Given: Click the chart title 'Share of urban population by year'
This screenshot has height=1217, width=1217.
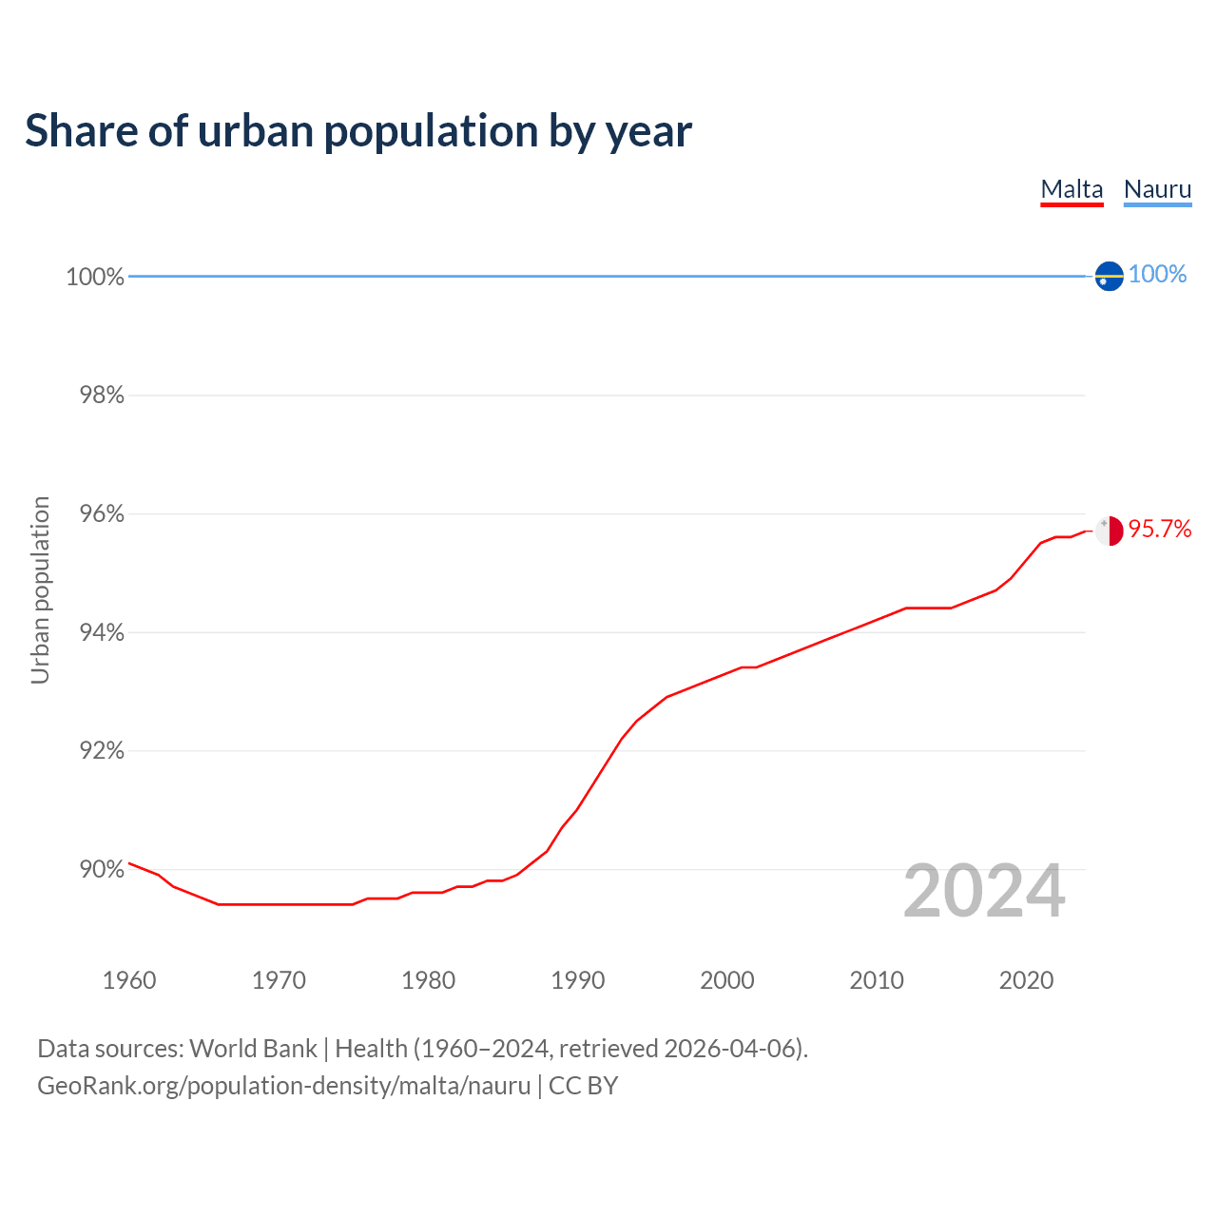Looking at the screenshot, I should coord(358,131).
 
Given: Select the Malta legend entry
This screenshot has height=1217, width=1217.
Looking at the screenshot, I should coord(1072,189).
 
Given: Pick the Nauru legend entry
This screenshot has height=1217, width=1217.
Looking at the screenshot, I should coord(1157,189).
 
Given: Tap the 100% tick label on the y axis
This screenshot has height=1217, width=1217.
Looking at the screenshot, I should coord(95,277).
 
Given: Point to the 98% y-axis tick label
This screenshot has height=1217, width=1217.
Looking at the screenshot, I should coord(102,396).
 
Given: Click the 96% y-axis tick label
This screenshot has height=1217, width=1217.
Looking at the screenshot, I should coord(102,514).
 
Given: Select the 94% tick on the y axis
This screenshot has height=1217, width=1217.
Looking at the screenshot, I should coord(102,633).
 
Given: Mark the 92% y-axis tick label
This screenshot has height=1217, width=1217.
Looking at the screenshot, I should coord(102,751).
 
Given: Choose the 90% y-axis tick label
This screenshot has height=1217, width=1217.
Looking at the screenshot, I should coord(102,870).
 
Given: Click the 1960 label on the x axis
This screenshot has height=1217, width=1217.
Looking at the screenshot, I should coord(129,980).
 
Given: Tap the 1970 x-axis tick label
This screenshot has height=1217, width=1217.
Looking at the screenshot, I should coord(279,980).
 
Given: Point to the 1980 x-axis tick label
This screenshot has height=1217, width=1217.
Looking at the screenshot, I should coord(428,980).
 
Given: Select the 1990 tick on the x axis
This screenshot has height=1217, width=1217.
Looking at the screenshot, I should coord(577,980).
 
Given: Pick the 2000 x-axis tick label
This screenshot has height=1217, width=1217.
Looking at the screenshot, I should coord(727,980).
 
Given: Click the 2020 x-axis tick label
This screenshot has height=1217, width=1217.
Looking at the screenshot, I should coord(1026,980).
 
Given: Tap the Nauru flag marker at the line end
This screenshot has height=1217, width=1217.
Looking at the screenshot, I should coord(1109,276).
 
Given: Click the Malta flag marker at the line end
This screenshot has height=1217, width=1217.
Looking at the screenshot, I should coord(1109,531).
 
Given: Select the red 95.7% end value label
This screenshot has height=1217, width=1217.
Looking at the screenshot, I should coord(1160,530).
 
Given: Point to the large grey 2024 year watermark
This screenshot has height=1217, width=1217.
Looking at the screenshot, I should coord(984,891).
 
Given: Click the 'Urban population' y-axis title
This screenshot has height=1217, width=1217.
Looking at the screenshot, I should coord(40,589).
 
